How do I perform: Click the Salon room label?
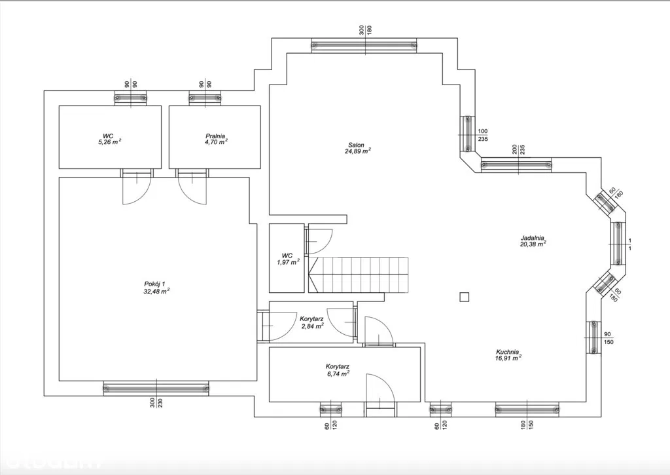click(x=356, y=145)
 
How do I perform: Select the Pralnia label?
click(x=215, y=136)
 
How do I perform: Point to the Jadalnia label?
click(x=532, y=238)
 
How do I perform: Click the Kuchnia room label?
click(x=508, y=352)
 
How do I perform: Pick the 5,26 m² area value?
click(x=108, y=142)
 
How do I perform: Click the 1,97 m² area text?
click(x=288, y=262)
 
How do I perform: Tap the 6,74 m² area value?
click(x=338, y=373)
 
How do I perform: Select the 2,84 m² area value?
click(x=312, y=325)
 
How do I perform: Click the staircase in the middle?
click(x=359, y=275)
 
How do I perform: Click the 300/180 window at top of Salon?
click(x=364, y=45)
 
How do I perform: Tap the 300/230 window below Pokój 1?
click(x=156, y=388)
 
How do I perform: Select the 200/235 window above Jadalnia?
click(x=516, y=165)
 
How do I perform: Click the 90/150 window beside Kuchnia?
click(x=593, y=337)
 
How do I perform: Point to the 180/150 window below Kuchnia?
click(x=527, y=409)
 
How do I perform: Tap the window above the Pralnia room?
click(x=205, y=98)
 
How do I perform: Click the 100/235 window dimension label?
click(x=483, y=135)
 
